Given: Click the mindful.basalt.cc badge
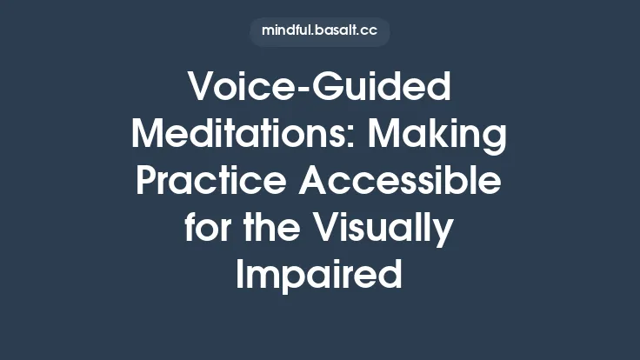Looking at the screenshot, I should point(319,32).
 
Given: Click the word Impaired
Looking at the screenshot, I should point(319,274).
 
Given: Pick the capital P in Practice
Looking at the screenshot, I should point(150,182).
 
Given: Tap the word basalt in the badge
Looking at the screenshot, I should point(333,32).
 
